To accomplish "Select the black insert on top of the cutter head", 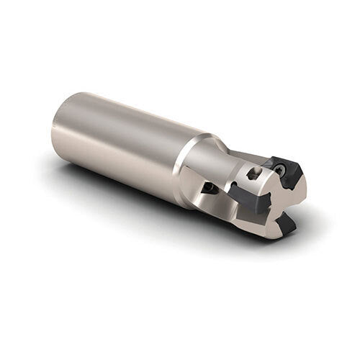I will coord(288,173).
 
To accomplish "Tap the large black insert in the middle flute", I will coord(248,199).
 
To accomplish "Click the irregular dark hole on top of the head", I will coord(253,174).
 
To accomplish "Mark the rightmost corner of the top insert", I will coord(302,176).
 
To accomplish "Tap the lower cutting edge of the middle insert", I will coord(252,210).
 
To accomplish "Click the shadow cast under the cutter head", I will coord(238,234).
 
